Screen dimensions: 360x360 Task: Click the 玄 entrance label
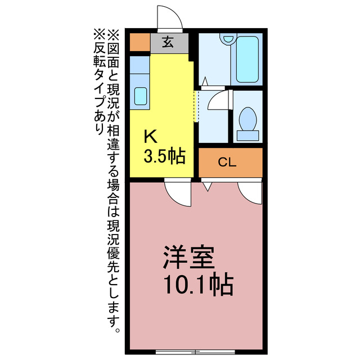pyautogui.click(x=168, y=42)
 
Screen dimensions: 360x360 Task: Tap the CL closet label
pyautogui.click(x=227, y=163)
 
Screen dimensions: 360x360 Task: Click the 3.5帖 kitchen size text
pyautogui.click(x=164, y=156)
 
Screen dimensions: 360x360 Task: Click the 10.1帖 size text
pyautogui.click(x=198, y=286)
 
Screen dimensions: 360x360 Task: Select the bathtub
pyautogui.click(x=246, y=59)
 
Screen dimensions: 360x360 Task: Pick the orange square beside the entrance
pyautogui.click(x=139, y=42)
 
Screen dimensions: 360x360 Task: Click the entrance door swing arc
pyautogui.click(x=170, y=17)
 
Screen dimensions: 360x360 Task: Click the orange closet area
pyautogui.click(x=231, y=163)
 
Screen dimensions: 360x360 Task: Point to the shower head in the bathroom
pyautogui.click(x=227, y=40)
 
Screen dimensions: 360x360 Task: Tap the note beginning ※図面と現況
pyautogui.click(x=114, y=180)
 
